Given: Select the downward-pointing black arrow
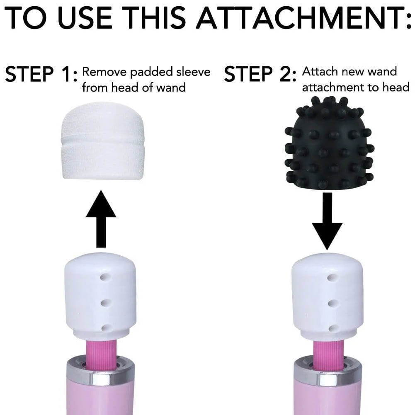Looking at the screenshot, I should (x=327, y=226).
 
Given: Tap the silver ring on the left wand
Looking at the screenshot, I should (x=100, y=375).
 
